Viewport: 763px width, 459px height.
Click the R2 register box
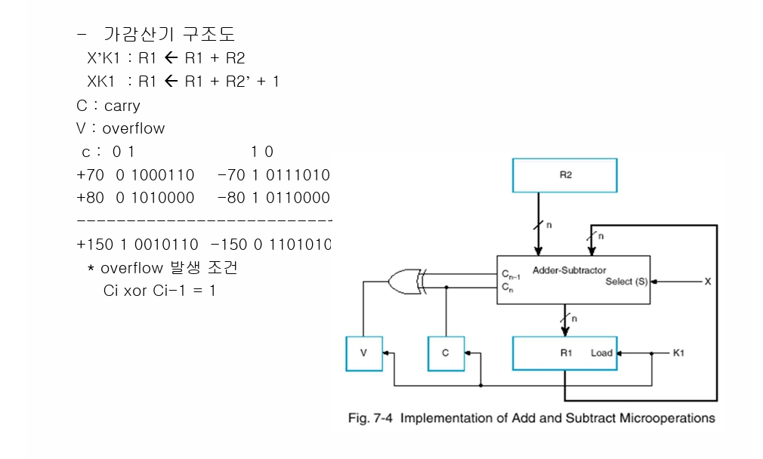coord(564,174)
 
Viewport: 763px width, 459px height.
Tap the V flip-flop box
coord(364,353)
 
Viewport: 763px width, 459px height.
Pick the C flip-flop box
coord(446,353)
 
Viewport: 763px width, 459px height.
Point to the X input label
coord(708,281)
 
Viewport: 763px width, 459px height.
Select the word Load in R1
coord(601,353)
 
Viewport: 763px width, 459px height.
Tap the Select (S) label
coord(625,282)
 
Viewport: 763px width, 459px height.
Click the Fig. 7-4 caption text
coord(531,417)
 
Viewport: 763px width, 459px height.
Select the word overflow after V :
coord(134,128)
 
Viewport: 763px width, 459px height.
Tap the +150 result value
coord(91,245)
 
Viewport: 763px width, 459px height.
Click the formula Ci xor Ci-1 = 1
coord(159,290)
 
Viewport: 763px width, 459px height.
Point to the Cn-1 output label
coord(511,276)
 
